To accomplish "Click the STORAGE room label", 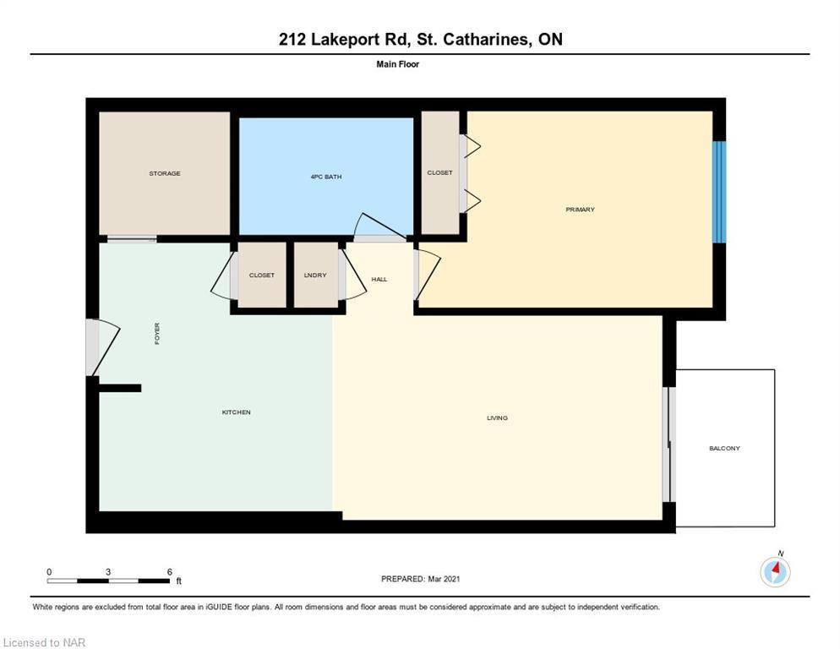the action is [x=165, y=173].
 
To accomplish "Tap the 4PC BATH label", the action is [x=325, y=177].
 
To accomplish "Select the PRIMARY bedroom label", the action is [x=581, y=210].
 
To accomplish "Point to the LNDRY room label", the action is [x=315, y=275].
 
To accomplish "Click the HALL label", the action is [x=379, y=279].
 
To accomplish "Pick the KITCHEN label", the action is [x=237, y=412].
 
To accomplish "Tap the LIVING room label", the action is [x=497, y=418].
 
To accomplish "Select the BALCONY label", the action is [x=724, y=449].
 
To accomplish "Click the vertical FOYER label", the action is [x=157, y=333].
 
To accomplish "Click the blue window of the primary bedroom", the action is [x=719, y=192].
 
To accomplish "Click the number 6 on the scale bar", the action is [x=169, y=572].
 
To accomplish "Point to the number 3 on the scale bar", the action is [x=108, y=572].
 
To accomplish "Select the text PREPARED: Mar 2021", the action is [x=421, y=579].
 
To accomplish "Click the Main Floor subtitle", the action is [x=397, y=64].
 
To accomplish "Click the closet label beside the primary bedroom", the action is [x=439, y=173].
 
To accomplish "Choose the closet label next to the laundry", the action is [x=261, y=275].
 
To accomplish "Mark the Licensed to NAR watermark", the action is [x=44, y=642].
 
